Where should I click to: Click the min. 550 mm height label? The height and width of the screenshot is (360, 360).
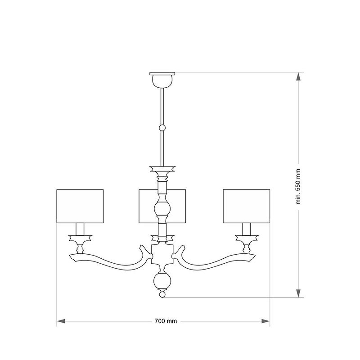[298, 186]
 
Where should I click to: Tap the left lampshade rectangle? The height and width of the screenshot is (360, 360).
[80, 206]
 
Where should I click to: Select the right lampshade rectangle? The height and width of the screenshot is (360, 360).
[246, 206]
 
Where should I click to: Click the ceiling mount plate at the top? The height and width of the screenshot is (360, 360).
[162, 74]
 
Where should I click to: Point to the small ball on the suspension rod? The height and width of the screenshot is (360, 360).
[162, 128]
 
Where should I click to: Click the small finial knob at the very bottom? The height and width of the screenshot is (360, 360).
[162, 294]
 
